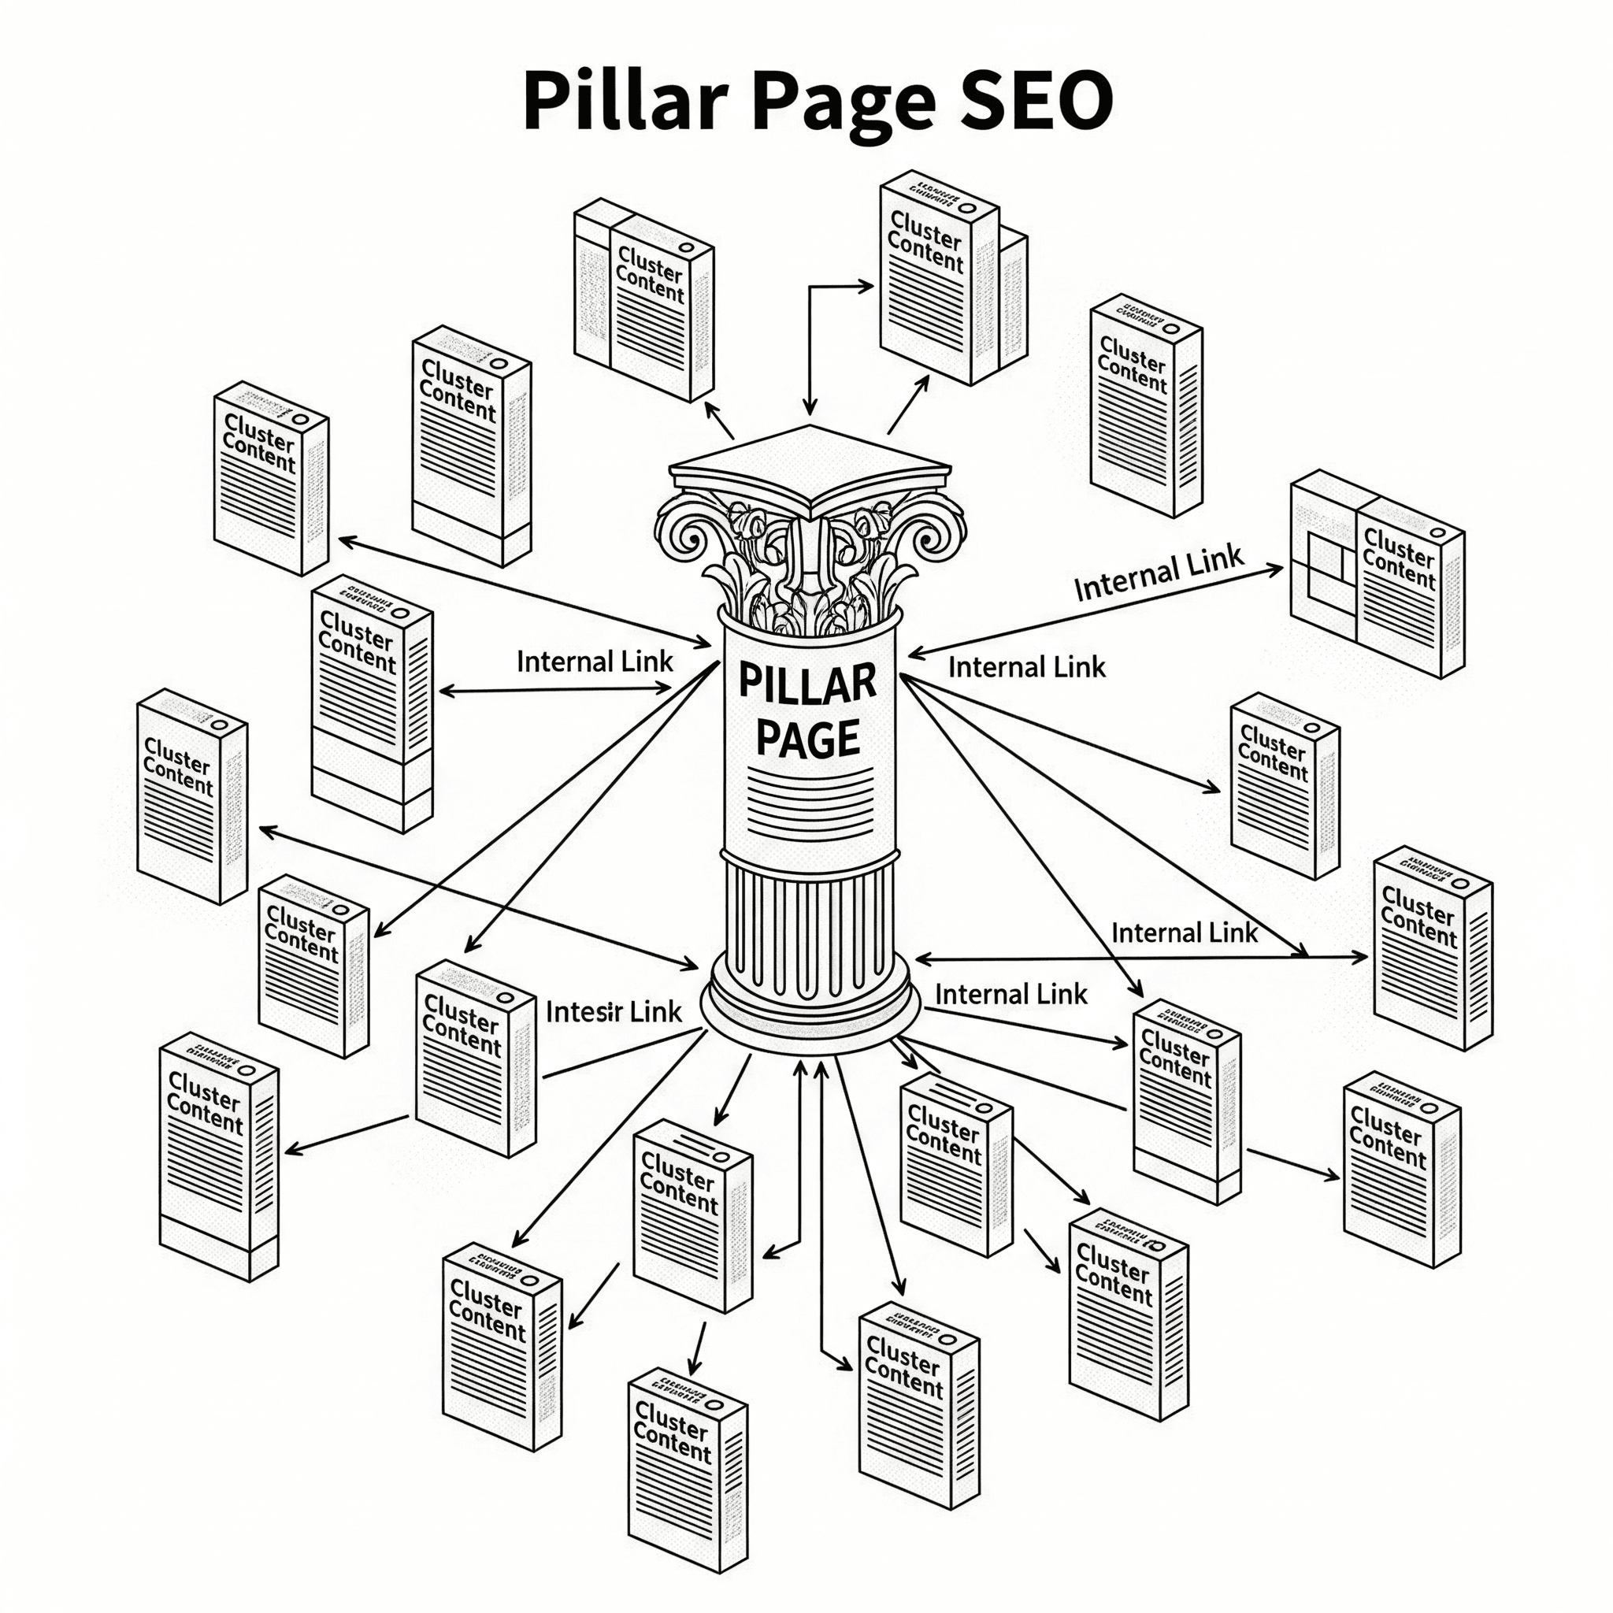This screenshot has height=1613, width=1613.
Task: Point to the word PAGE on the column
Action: tap(807, 740)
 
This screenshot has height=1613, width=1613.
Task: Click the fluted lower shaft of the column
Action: tap(809, 927)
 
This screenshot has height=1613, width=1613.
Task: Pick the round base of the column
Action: tap(809, 1010)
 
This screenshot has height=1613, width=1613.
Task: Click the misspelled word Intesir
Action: tap(585, 1013)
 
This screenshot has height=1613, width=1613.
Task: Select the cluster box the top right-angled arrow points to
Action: tap(940, 276)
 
